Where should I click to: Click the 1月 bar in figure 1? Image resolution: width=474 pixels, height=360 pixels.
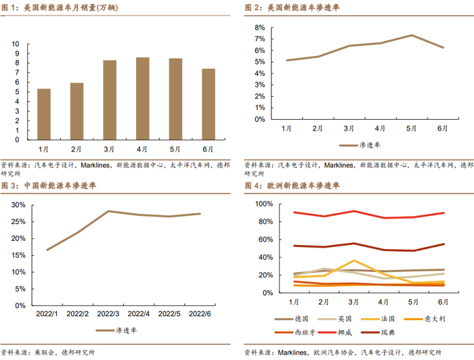(43, 114)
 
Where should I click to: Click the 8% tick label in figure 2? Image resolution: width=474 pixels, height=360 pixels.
(259, 28)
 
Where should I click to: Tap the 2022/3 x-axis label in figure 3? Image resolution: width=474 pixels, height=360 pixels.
(108, 313)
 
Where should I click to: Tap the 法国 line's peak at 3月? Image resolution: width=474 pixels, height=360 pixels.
(354, 261)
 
